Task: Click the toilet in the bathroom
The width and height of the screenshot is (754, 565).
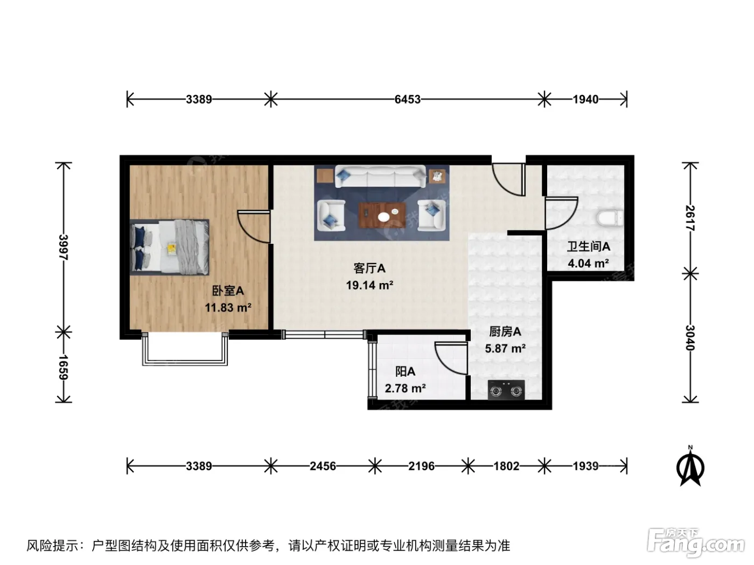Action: coord(610,218)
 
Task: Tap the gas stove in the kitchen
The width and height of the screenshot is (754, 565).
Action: coord(506,390)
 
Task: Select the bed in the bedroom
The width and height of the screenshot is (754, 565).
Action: coord(169,248)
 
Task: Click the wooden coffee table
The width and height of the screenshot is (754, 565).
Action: coord(382,215)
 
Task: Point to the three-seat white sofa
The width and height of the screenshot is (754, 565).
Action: coord(380,176)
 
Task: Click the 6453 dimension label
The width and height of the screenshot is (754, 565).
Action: coord(407,99)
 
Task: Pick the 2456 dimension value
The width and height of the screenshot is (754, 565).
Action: coord(323,466)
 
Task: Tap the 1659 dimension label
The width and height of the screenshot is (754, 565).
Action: coord(64,367)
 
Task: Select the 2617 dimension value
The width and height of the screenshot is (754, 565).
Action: coord(690,218)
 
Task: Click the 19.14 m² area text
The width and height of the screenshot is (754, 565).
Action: coord(369,285)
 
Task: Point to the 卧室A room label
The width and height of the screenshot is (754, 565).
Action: coord(228,291)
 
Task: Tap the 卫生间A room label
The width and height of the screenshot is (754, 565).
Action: coord(589,246)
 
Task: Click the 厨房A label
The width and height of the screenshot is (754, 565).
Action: coord(505,331)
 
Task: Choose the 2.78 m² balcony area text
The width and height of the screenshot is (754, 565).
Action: coord(406,389)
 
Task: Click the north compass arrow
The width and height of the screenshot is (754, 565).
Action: coord(690,467)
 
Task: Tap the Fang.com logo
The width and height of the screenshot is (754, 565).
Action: coord(696,543)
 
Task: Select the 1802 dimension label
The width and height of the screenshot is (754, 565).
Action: coord(506,466)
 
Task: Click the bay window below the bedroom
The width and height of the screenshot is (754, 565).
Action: coord(185,349)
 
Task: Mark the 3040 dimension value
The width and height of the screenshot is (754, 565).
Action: coord(690,338)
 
